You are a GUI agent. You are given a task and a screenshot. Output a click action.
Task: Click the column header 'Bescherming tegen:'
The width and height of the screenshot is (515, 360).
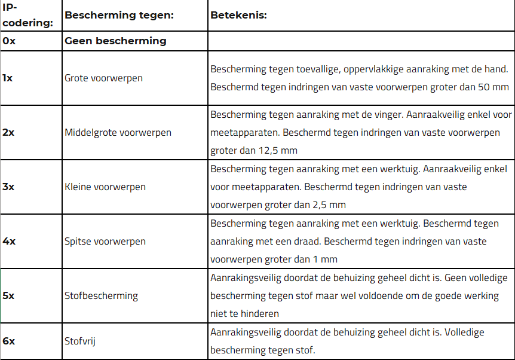[119, 15]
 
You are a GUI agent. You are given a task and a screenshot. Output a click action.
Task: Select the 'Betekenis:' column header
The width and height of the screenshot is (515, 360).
[238, 15]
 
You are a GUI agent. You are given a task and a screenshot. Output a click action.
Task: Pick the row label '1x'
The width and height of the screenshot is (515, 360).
[8, 78]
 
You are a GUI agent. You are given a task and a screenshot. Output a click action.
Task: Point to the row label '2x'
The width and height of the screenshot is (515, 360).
[8, 132]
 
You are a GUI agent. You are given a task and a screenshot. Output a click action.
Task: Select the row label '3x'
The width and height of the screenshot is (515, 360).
[8, 187]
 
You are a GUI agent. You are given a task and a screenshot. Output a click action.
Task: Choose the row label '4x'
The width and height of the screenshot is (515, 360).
[8, 241]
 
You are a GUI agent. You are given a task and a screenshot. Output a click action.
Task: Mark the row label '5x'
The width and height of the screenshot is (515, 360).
[8, 295]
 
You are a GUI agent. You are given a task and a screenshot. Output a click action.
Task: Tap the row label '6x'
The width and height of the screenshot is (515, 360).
[8, 341]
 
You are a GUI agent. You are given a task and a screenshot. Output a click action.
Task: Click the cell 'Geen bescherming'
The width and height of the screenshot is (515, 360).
[115, 41]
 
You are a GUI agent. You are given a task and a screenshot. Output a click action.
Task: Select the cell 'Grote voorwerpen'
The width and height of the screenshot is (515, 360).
[103, 78]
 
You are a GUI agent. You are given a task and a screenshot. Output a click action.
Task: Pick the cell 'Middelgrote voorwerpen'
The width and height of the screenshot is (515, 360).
[118, 133]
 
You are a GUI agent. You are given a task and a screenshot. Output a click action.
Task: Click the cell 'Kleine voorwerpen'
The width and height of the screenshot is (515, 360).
[105, 187]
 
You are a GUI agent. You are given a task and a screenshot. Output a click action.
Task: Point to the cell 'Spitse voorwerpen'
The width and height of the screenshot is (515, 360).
[105, 242]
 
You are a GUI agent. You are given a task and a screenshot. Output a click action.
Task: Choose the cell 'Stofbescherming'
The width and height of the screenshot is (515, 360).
[101, 296]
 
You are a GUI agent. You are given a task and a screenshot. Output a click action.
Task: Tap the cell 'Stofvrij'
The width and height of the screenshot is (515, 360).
[80, 341]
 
